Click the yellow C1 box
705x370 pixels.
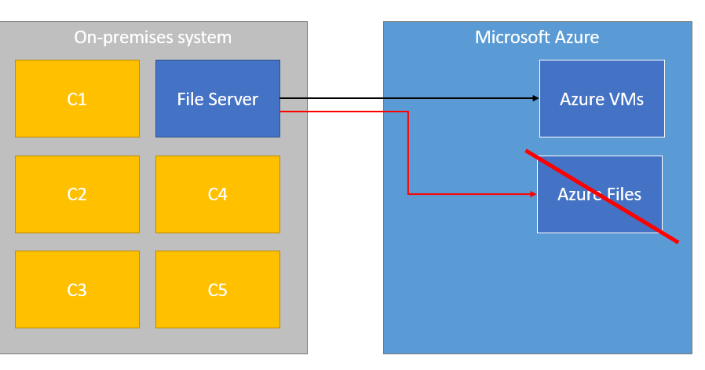click(77, 99)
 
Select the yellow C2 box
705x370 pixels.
click(77, 194)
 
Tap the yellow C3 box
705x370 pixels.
click(77, 289)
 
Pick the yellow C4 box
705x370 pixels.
click(217, 194)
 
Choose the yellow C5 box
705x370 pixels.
click(217, 289)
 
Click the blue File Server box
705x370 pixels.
click(217, 99)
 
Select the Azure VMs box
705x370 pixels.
click(601, 99)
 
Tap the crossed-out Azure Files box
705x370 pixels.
click(600, 194)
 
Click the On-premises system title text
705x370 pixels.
click(152, 37)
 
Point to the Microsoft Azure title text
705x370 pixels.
click(537, 37)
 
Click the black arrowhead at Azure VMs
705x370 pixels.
click(536, 98)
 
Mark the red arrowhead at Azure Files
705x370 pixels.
click(533, 193)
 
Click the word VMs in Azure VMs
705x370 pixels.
click(625, 99)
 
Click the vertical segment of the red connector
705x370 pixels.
click(408, 153)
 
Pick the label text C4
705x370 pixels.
click(217, 194)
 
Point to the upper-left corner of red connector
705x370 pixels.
click(408, 112)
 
